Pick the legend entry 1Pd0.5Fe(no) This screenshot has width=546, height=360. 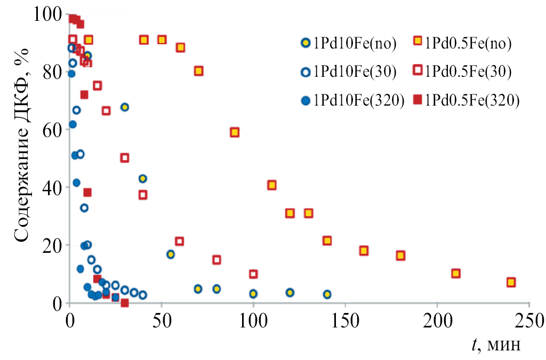tap(462, 44)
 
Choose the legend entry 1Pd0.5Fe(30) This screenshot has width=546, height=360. tap(462, 72)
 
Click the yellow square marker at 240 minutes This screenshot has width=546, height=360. tap(511, 282)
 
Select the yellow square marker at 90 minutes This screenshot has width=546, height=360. tap(235, 132)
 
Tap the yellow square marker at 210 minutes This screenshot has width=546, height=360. tap(456, 274)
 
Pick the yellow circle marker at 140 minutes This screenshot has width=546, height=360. tap(327, 294)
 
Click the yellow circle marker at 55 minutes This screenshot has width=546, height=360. tap(171, 254)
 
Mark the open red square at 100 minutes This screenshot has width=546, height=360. tap(253, 274)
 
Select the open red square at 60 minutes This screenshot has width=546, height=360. tap(180, 242)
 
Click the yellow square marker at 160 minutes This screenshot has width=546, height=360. tap(364, 251)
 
